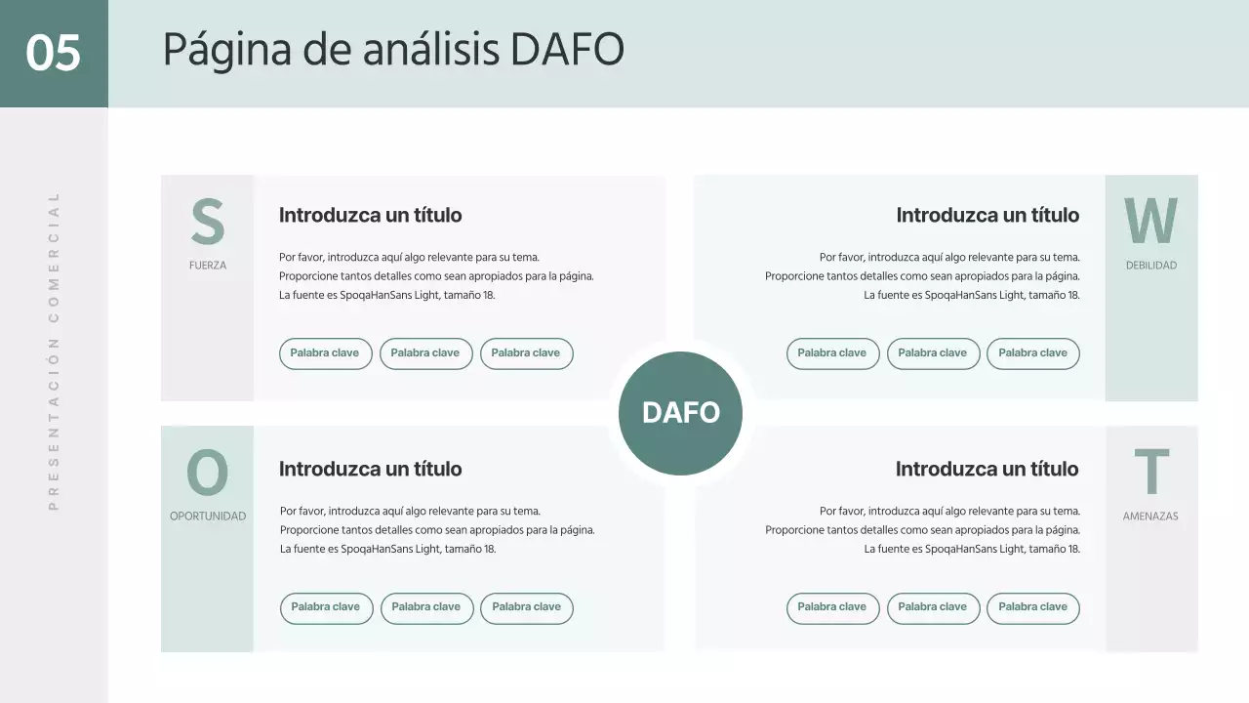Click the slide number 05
point(53,53)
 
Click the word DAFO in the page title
point(567,50)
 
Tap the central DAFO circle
point(680,413)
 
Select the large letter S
point(207,223)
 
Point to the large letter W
point(1150,222)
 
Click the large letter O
point(207,474)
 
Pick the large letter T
point(1151,473)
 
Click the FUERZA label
point(208,266)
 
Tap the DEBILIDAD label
point(1151,266)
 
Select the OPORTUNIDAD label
point(208,517)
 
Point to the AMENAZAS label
point(1150,517)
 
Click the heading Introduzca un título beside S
point(371,215)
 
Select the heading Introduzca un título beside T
point(987,469)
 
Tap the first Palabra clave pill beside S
point(325,353)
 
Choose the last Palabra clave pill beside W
point(1032,353)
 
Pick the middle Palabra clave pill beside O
point(426,607)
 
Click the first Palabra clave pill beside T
point(832,607)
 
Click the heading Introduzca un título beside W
point(987,215)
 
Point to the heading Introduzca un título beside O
point(371,469)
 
